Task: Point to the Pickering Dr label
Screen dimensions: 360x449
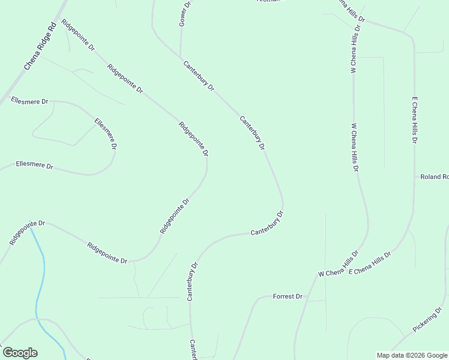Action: click(427, 320)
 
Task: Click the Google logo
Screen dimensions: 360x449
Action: click(20, 353)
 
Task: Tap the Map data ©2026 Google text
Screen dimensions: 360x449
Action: click(411, 355)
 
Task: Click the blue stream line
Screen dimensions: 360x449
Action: click(40, 282)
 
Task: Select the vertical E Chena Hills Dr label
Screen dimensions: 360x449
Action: click(414, 119)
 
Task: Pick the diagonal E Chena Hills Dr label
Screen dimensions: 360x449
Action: click(369, 263)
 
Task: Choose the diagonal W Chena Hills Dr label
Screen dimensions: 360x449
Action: click(339, 264)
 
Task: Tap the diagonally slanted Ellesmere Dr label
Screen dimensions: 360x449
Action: click(106, 133)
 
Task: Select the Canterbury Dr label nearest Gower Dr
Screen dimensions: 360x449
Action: click(199, 76)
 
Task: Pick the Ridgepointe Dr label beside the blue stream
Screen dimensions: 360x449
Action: click(23, 232)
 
